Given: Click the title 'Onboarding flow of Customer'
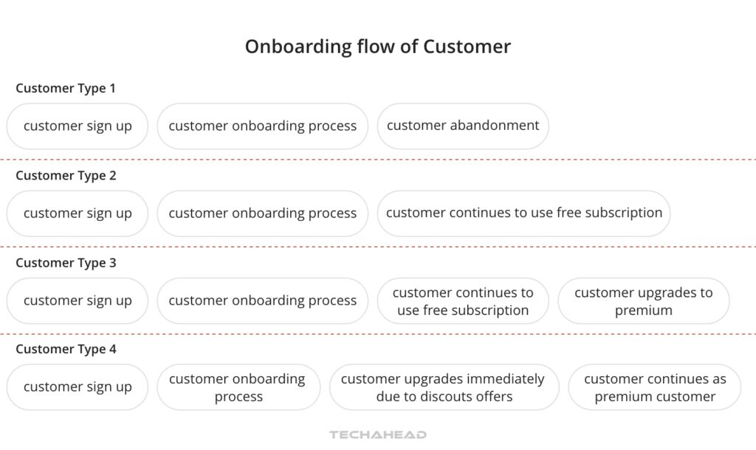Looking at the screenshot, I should pos(377,47).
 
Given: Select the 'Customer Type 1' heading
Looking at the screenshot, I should pos(66,89).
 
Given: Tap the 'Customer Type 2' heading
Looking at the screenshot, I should pos(66,176).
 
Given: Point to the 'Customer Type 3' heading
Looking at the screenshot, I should pos(66,263).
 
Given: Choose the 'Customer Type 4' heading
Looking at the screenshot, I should pos(66,350).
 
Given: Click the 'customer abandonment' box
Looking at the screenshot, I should pos(463,126).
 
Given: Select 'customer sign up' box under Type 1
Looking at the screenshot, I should pos(78,126).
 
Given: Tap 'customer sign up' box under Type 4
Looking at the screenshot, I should pos(78,387).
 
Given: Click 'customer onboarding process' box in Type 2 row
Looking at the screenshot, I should pos(262,214).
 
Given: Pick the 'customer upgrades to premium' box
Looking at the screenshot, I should pos(643,301).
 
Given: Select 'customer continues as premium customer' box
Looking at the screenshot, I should pos(654,387).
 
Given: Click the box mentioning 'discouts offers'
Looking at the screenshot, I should pos(443,387).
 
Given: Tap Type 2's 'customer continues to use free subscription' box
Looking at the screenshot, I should pos(523,213).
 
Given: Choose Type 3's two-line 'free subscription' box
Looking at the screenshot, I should pos(463,301).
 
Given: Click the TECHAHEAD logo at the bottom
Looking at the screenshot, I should pos(377,434).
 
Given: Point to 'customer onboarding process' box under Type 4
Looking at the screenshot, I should pos(238,387).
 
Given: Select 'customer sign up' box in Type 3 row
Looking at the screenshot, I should pos(78,301).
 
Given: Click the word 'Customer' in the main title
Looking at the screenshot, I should pos(467,47).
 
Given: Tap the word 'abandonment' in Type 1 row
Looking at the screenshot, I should pos(493,126).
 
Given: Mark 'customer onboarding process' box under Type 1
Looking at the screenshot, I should pos(262,126).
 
